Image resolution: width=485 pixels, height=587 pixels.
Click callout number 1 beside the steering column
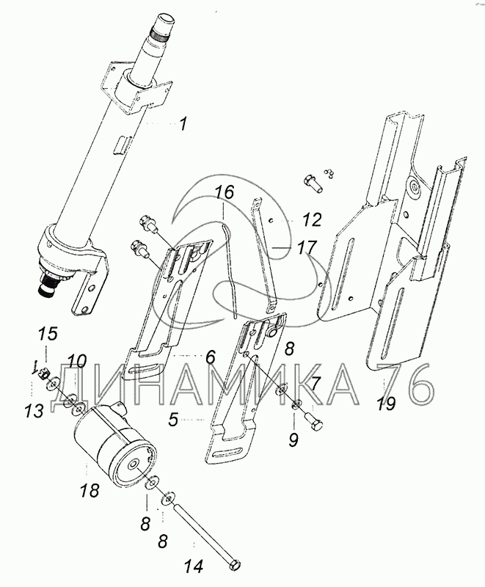tap(183, 124)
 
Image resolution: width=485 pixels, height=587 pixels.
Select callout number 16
tap(225, 192)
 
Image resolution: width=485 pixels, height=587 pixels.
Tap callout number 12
tap(311, 219)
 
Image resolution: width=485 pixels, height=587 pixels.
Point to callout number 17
tap(307, 247)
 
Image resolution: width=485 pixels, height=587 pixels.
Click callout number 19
tap(386, 404)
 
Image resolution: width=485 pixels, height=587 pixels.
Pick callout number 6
tap(210, 357)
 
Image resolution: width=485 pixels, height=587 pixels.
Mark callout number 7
tap(316, 383)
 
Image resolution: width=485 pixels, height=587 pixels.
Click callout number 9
tap(293, 440)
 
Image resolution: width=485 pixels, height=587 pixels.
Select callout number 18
tap(90, 489)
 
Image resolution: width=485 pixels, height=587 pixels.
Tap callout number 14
tap(194, 566)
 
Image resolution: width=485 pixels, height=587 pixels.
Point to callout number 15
tap(48, 334)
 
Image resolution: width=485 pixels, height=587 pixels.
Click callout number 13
tap(34, 412)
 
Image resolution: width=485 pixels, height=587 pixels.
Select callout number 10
tap(77, 362)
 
